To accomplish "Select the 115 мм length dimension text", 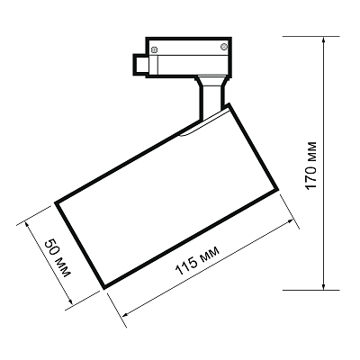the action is pyautogui.click(x=197, y=261).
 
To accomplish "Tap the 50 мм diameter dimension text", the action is pyautogui.click(x=58, y=258).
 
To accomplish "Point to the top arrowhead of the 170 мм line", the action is pyautogui.click(x=324, y=40).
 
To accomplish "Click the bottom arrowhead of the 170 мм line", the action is pyautogui.click(x=324, y=286).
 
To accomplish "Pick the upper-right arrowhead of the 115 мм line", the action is pyautogui.click(x=290, y=221).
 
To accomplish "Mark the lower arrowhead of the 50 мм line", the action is pyautogui.click(x=70, y=301).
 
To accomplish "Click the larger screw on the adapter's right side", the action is pyautogui.click(x=224, y=47).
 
